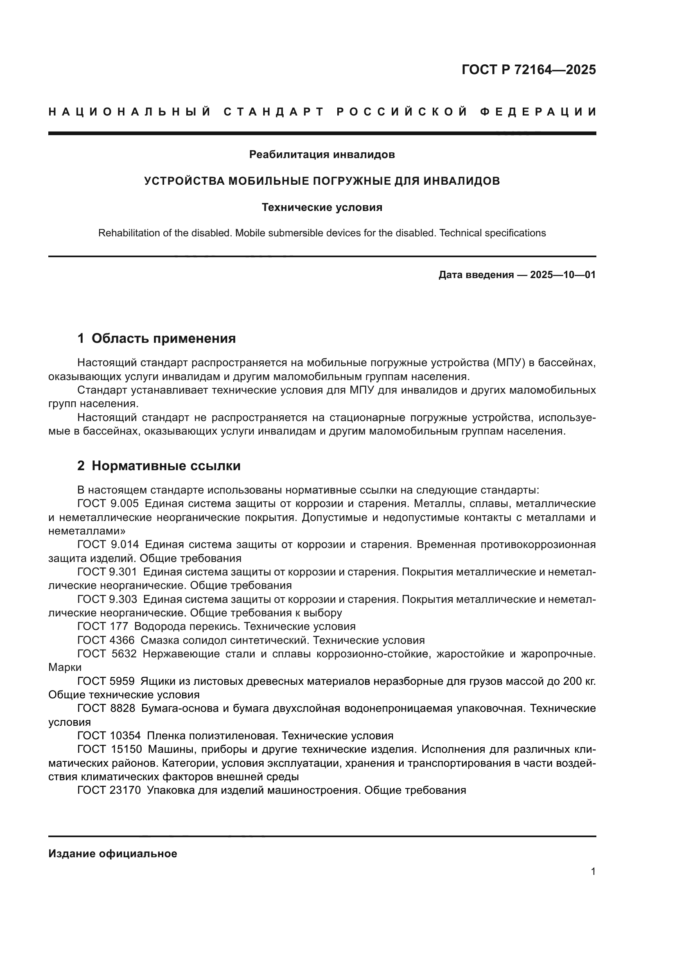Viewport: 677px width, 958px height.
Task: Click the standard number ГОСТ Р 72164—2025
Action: coord(528,70)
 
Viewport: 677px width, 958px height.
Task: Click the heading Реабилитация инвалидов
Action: coord(322,155)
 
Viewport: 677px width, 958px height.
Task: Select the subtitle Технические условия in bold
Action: coord(322,207)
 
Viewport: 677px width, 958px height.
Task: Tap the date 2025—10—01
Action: coord(563,275)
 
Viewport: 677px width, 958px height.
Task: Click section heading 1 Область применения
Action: coord(156,338)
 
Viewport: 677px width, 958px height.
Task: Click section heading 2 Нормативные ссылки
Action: coord(159,466)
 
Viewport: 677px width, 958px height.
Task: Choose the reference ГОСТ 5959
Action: coord(106,682)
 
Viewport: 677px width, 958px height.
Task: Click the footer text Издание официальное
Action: coord(113,854)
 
